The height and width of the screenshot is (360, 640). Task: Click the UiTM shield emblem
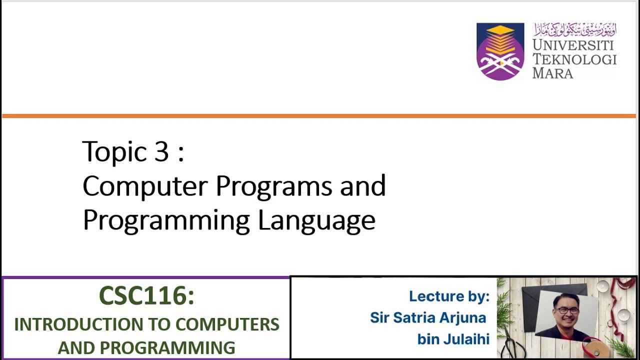point(500,51)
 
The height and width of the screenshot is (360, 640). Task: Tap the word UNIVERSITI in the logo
point(573,45)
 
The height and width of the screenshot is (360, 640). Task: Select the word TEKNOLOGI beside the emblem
point(574,59)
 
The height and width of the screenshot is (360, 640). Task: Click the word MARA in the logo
point(552,73)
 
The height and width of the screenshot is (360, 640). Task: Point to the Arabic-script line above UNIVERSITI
point(575,29)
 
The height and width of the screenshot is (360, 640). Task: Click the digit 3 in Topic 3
point(161,151)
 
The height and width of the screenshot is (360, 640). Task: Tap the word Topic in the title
point(115,152)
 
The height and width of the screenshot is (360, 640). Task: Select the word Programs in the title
point(273,186)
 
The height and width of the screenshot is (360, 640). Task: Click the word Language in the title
point(316,220)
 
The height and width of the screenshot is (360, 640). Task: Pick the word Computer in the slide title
point(144,186)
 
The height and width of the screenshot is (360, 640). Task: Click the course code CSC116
point(146,296)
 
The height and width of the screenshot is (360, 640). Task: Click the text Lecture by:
point(448,296)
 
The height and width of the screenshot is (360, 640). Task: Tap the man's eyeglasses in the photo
point(567,310)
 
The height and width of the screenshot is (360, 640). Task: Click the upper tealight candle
point(603,286)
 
